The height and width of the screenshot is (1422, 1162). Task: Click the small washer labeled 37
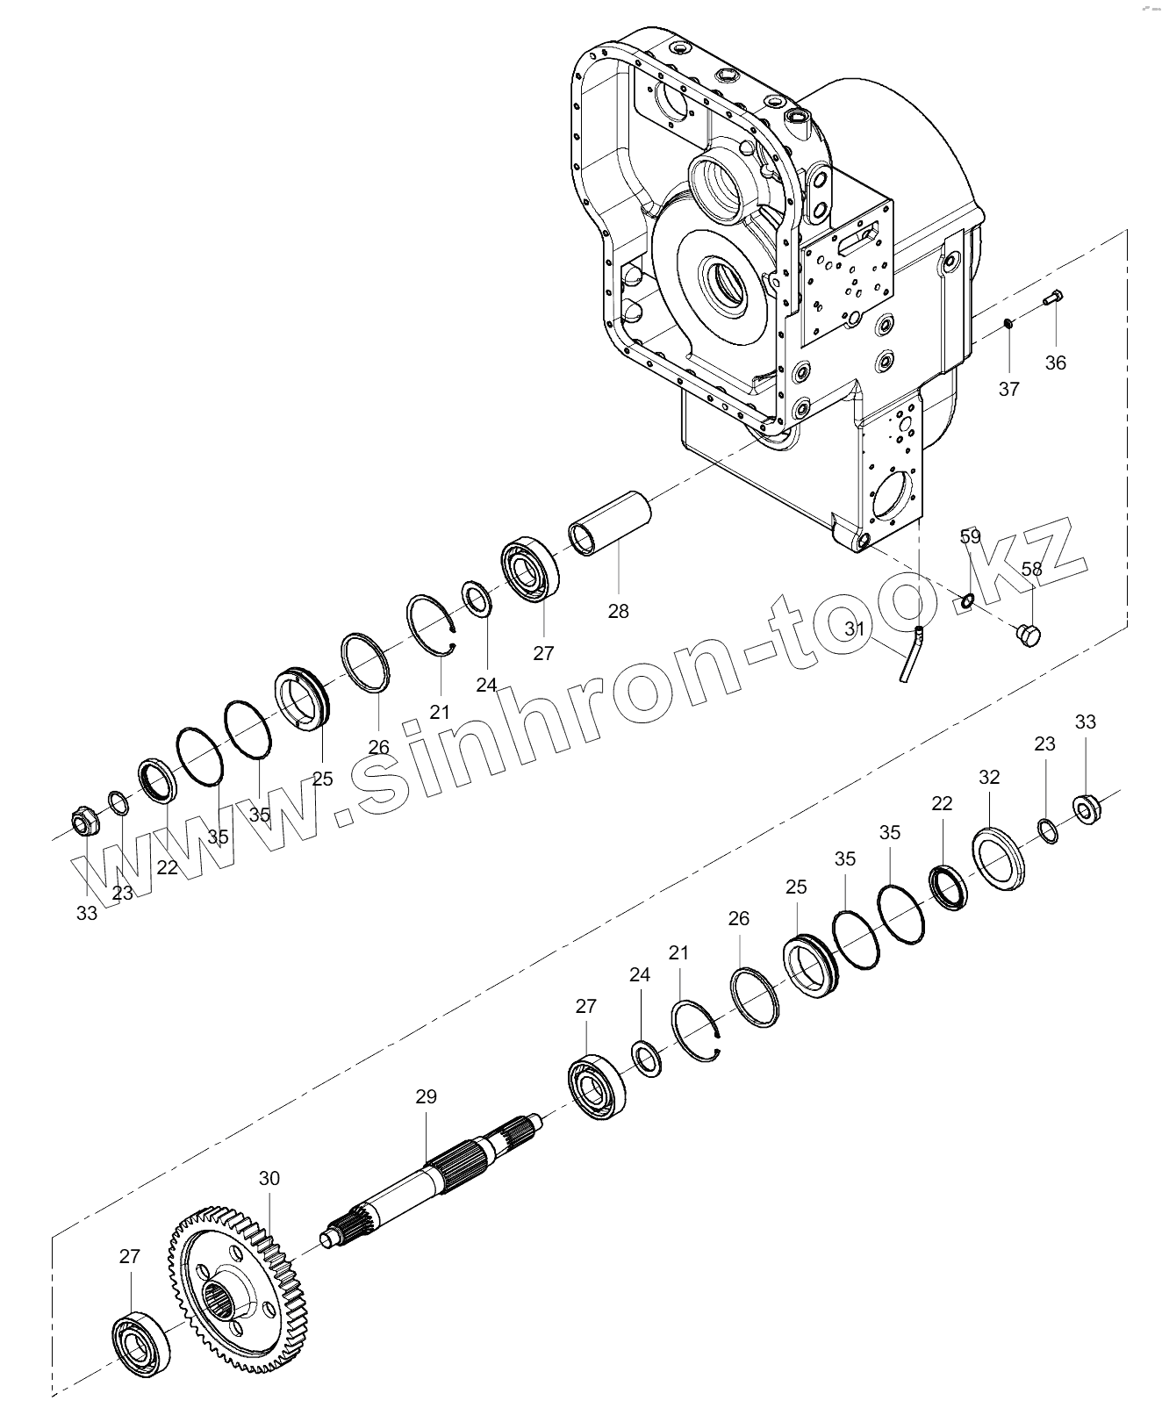(x=1008, y=327)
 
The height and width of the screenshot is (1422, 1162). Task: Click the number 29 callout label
(x=426, y=1096)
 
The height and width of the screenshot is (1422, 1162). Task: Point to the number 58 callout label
(x=1031, y=569)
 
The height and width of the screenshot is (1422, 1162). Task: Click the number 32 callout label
(x=989, y=777)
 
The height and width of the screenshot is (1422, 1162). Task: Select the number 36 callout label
(x=1055, y=363)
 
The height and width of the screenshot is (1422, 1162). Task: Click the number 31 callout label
(x=855, y=628)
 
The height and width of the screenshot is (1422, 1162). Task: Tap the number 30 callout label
(x=269, y=1178)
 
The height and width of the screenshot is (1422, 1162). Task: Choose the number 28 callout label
(x=618, y=611)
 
